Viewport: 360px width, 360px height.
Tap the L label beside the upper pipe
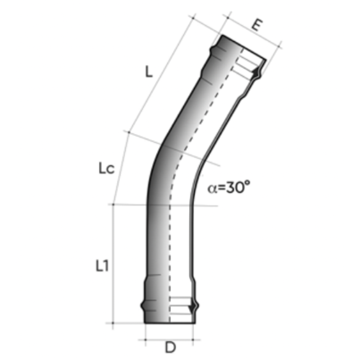point(148,73)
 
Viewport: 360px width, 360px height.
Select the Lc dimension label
point(107,167)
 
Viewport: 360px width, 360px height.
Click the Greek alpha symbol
point(212,188)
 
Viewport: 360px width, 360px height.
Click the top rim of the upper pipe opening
point(242,44)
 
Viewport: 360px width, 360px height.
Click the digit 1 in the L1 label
point(107,265)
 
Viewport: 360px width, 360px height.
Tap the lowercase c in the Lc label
point(113,168)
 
